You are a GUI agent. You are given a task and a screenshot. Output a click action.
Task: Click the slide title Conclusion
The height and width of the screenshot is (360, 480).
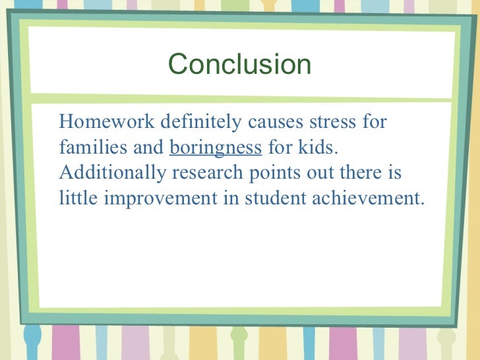click(239, 65)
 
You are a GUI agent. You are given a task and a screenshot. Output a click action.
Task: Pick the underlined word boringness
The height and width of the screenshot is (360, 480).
click(216, 147)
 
